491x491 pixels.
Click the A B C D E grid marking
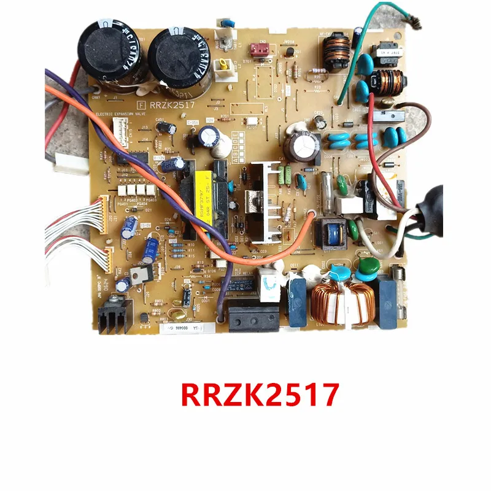click(240, 151)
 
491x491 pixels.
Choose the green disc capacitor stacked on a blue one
click(369, 266)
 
